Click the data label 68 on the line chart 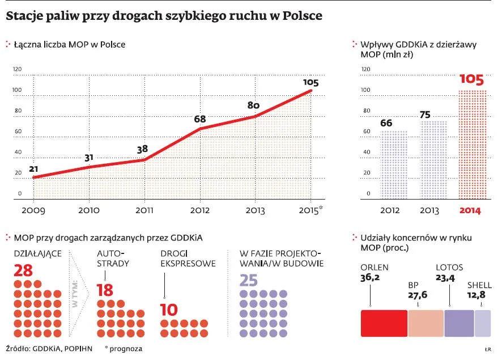coord(199,119)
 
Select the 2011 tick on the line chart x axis coord(144,210)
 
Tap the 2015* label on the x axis coord(312,210)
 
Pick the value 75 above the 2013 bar coord(425,114)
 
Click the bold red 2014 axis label coord(470,210)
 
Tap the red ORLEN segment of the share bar coord(384,323)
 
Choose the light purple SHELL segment coord(483,323)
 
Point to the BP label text coord(413,286)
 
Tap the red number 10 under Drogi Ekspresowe coord(169,310)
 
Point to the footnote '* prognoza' coord(124,349)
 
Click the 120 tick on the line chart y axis coord(17,69)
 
